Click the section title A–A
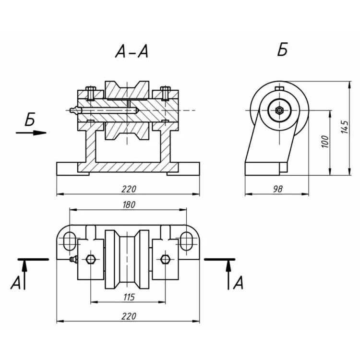(132, 51)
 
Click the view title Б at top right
(282, 49)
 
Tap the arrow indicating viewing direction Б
(31, 132)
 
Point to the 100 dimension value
(325, 142)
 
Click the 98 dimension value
(278, 189)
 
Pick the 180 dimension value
(129, 204)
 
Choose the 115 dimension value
(129, 297)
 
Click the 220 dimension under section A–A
(129, 189)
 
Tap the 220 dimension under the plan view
(129, 316)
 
